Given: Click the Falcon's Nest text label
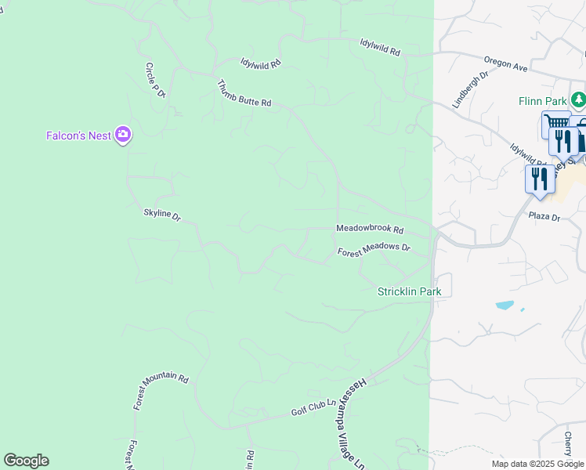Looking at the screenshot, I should coord(78,136).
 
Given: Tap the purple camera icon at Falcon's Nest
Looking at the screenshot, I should coord(123,136).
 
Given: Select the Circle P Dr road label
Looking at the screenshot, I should coord(155,81).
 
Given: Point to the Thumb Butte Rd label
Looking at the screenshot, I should coord(244,93).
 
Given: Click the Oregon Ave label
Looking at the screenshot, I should coord(506,63).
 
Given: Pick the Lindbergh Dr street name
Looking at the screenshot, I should coord(470,89).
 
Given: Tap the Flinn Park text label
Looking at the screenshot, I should coord(542,101).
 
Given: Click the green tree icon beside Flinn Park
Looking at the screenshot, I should coord(578,99).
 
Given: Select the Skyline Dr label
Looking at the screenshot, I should coord(162,214).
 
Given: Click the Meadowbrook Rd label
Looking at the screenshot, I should coord(370,230).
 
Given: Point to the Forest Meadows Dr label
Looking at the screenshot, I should coord(374,250).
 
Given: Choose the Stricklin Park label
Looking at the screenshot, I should coord(410,291).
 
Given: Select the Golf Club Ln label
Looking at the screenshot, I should coord(313,407).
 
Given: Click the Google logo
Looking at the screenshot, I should coord(26,461).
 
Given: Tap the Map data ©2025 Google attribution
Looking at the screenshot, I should coord(537,464).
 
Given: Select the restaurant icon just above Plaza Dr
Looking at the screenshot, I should coord(540,179).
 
